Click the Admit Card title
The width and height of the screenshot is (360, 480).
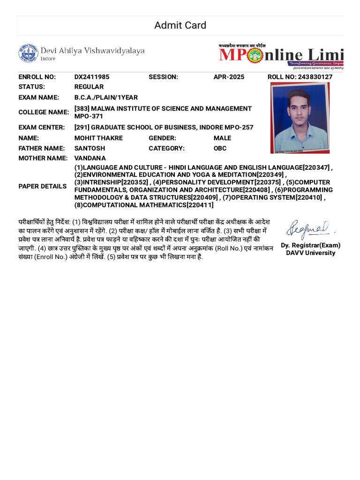180,25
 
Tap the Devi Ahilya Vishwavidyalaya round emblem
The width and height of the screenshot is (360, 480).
28,53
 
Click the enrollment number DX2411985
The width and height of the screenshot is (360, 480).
92,77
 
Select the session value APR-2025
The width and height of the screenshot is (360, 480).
229,77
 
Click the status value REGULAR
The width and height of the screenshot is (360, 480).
89,87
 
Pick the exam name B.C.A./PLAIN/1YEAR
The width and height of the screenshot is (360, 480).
106,97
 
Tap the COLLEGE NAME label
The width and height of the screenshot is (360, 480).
43,112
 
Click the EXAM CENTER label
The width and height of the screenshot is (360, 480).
42,127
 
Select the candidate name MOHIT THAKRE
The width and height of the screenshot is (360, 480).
98,138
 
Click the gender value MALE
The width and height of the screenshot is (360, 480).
222,138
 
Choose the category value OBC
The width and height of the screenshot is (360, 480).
220,148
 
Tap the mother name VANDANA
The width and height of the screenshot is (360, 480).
90,158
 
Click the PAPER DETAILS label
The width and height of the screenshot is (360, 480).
42,186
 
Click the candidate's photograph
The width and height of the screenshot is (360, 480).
300,118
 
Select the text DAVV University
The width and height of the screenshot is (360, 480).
311,253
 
